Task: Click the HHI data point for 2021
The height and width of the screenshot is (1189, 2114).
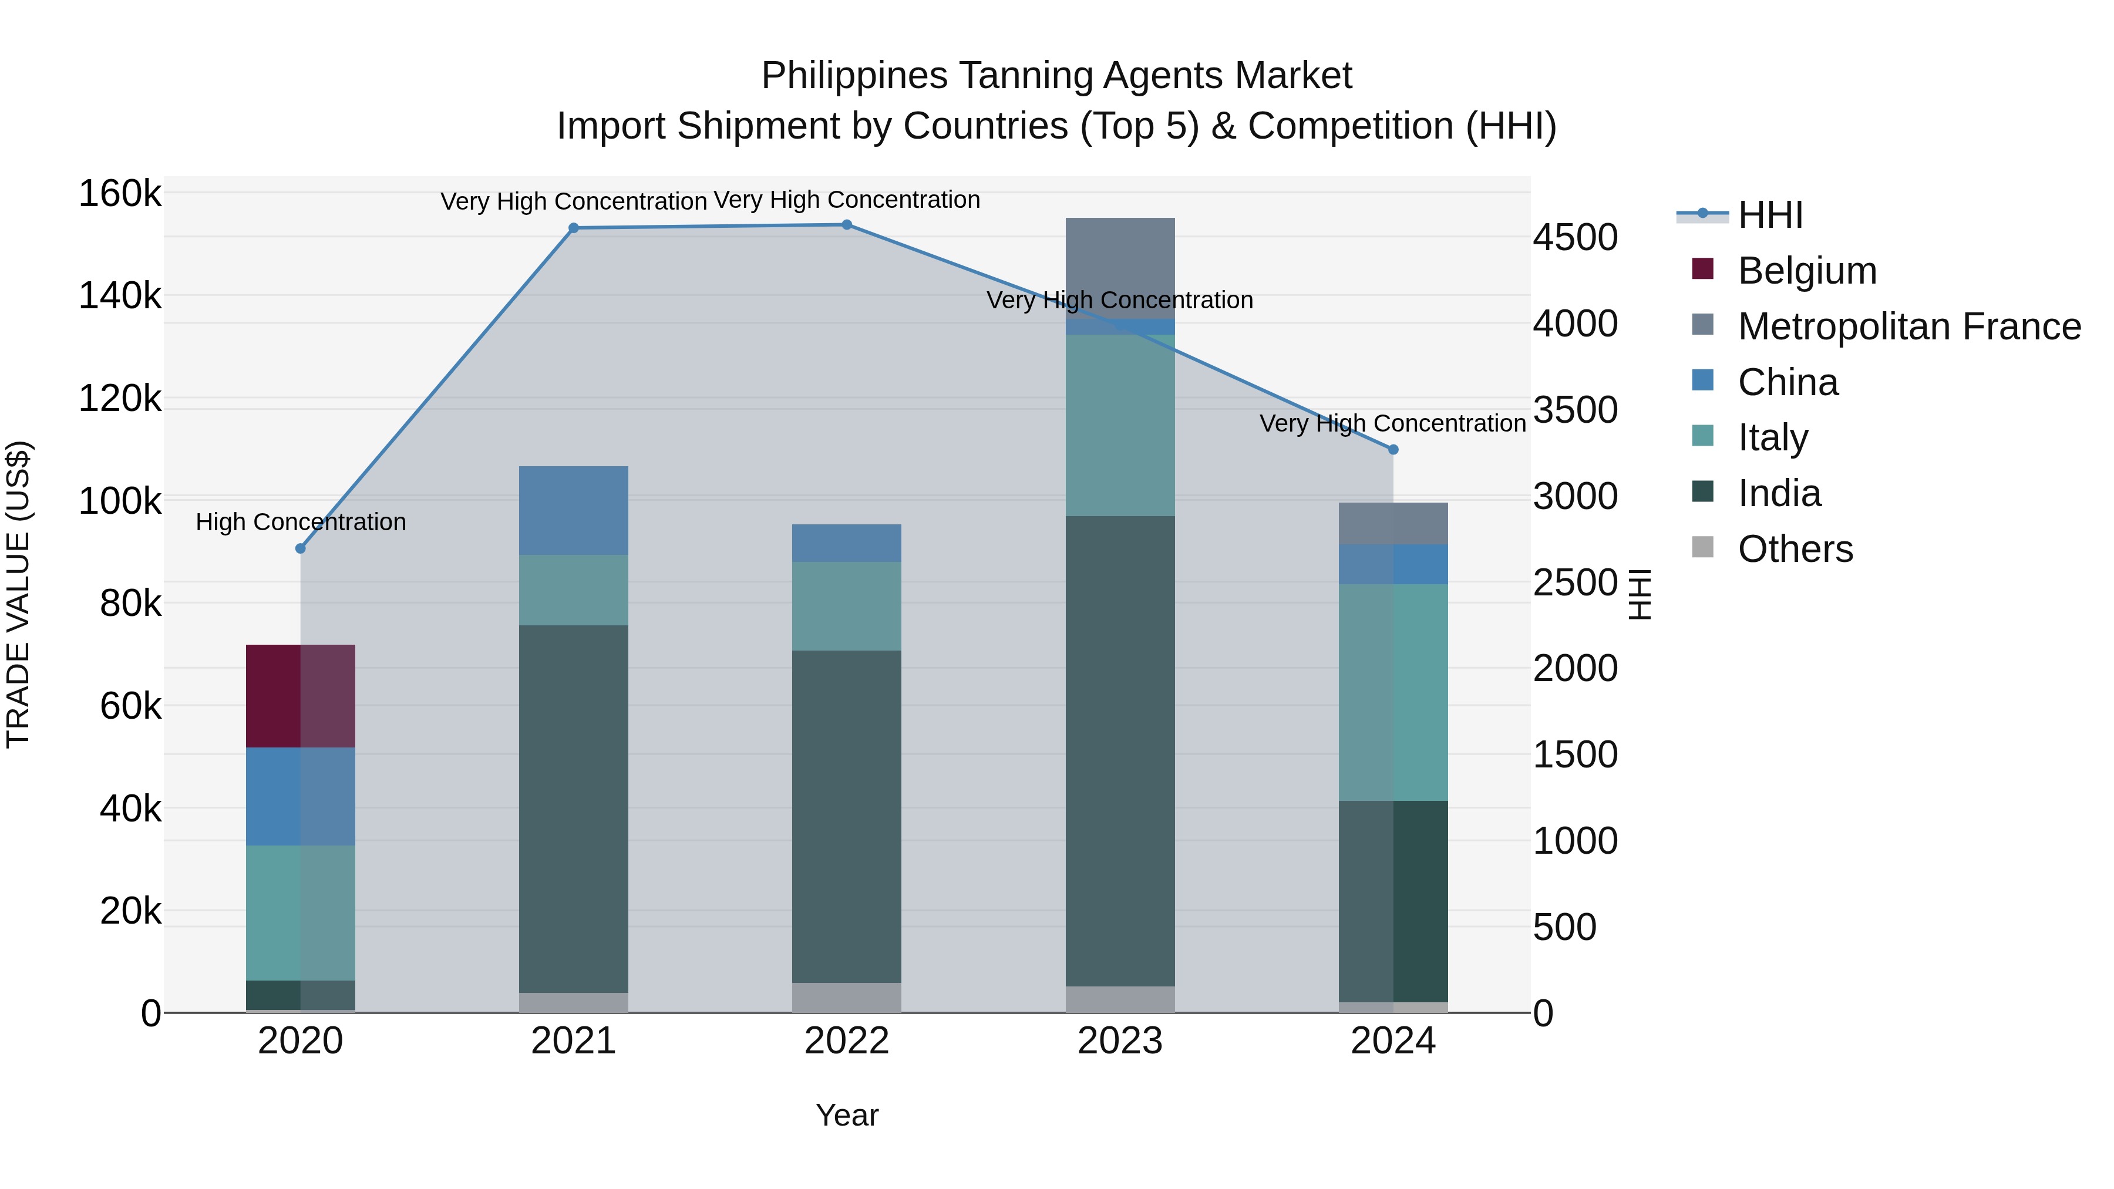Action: point(574,228)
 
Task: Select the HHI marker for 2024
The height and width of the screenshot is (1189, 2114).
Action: point(1393,450)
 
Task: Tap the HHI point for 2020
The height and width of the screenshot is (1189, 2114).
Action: point(300,548)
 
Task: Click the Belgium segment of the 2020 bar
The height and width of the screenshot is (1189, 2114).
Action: point(300,696)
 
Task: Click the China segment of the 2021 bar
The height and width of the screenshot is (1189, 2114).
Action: point(574,510)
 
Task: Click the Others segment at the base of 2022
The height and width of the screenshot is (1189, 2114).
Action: point(846,997)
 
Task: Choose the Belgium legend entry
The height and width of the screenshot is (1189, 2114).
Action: point(1806,271)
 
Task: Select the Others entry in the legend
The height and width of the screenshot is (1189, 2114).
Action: point(1794,549)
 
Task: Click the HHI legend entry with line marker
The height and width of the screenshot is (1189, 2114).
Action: point(1769,215)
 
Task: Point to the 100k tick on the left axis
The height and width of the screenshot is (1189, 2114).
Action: point(120,500)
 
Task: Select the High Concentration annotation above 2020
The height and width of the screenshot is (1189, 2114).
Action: point(300,522)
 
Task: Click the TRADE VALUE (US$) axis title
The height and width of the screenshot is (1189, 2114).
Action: point(18,594)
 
